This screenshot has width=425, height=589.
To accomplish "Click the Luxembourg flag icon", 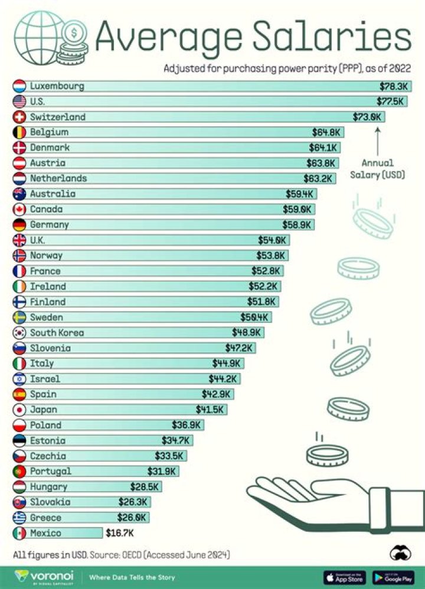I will coord(19,86).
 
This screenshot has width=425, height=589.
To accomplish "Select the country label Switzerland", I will coord(58,117).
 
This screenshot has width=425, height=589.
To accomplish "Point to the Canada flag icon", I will coord(19,210).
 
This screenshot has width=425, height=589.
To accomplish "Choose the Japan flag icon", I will coord(19,410).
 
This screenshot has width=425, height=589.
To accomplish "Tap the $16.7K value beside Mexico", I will coord(120,533).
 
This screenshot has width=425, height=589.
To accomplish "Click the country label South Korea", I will coord(57,333).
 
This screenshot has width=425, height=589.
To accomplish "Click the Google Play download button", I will coord(393,577).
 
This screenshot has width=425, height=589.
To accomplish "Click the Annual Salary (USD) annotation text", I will coord(377,169).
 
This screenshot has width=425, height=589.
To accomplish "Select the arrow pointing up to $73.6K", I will coord(378,142).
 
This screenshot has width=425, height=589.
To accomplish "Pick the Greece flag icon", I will coord(19,518).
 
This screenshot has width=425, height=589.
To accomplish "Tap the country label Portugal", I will coord(51,472).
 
